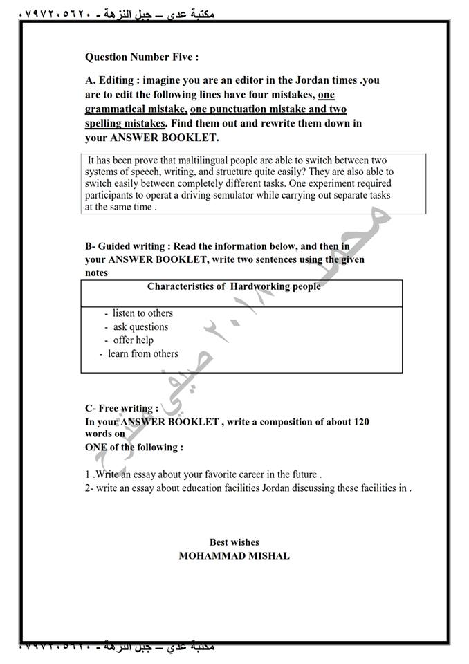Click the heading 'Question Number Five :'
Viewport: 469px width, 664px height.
pos(142,57)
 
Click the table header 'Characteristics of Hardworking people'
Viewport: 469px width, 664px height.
pos(234,286)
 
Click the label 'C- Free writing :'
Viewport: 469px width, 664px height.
pos(121,409)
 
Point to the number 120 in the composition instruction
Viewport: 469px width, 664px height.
pos(360,421)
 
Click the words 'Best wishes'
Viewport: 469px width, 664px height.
pos(234,542)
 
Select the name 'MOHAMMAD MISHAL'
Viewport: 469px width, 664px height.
pos(234,555)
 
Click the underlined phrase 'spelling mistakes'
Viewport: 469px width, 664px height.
pos(125,123)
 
